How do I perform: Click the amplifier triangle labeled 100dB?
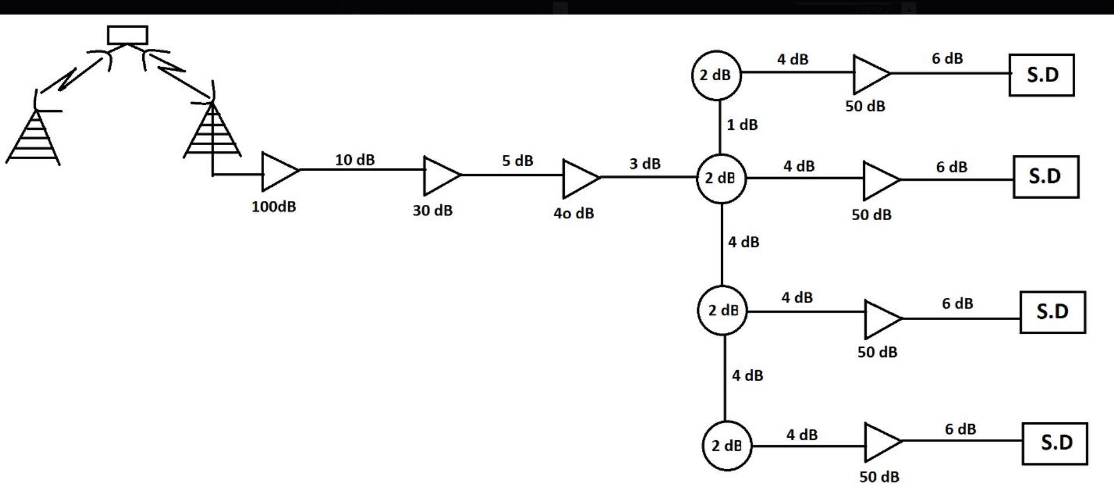279,171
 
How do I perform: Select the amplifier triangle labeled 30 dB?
441,175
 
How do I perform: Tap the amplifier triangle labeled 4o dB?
579,178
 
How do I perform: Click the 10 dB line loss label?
355,160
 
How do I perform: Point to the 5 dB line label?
517,161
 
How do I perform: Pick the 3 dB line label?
645,164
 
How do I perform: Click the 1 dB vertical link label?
742,125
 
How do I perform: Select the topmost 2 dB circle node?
716,75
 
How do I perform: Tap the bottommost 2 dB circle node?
727,445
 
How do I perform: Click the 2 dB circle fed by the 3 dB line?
721,178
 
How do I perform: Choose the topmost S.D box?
1041,75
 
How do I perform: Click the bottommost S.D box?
1054,443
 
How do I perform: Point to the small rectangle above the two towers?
128,35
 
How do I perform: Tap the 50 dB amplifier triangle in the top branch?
869,74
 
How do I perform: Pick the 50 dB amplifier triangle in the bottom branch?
881,442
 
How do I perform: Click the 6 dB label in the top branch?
947,59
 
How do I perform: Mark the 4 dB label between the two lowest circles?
747,376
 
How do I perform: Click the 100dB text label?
273,207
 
